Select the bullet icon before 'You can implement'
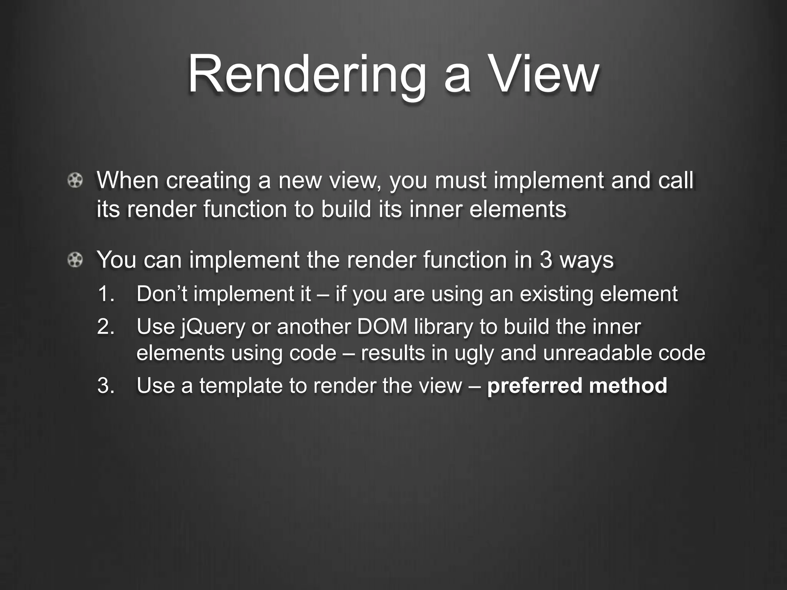(x=75, y=260)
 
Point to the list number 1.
(x=106, y=294)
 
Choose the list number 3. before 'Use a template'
(x=106, y=386)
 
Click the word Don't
(x=162, y=294)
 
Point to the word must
(x=461, y=181)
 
